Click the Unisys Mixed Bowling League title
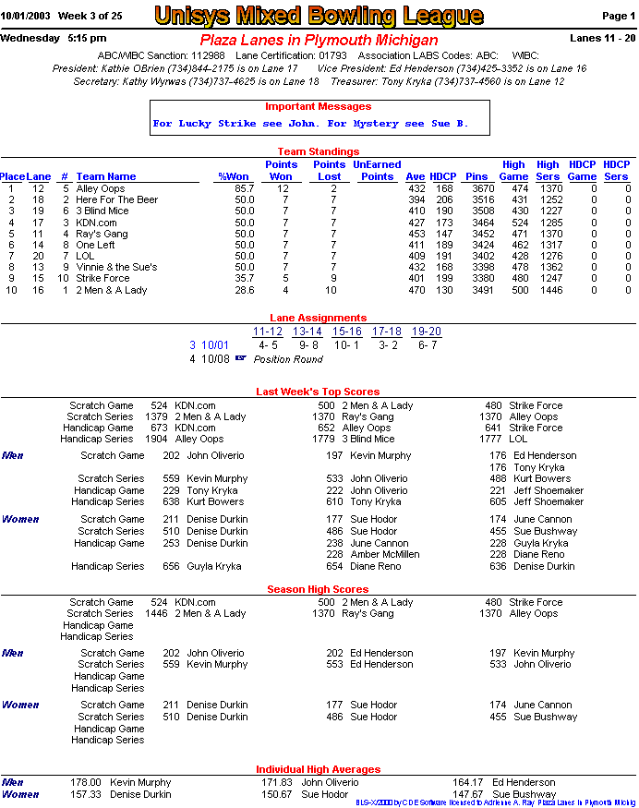click(x=319, y=16)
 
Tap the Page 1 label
click(x=618, y=16)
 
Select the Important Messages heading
click(x=318, y=106)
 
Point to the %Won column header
click(x=234, y=176)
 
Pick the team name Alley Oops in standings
click(x=100, y=188)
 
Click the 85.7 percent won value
click(x=244, y=188)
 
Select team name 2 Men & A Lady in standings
click(x=111, y=290)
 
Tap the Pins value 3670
click(x=476, y=188)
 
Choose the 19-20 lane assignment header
click(x=426, y=332)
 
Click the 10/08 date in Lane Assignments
click(x=215, y=359)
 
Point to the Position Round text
click(x=288, y=359)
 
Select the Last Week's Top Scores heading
click(x=318, y=392)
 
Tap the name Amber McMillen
click(x=382, y=555)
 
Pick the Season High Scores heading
click(x=318, y=589)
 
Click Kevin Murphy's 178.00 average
click(x=86, y=782)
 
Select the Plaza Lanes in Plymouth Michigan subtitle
click(x=319, y=41)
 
